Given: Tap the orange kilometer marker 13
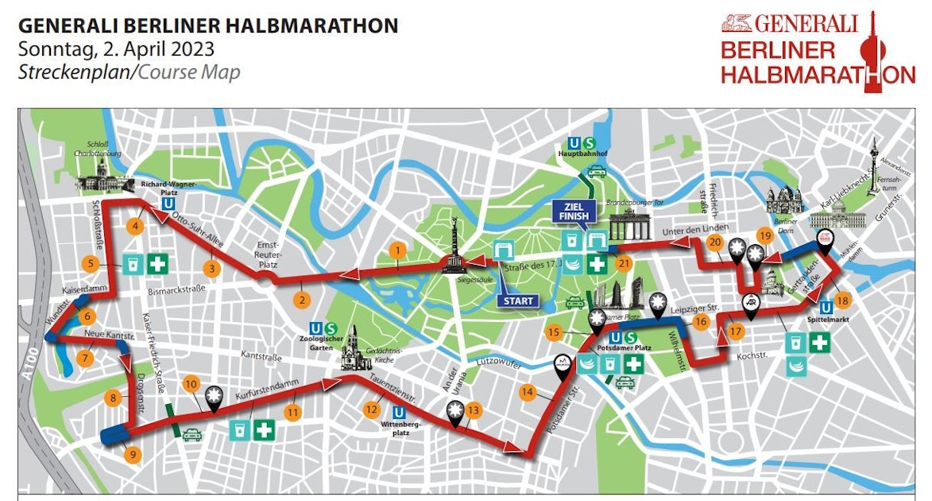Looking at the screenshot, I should coord(474,410).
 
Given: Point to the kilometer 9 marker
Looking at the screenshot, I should coord(133,455).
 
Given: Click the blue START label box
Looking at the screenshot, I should coord(518,301).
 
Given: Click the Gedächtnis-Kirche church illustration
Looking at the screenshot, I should coord(351,350).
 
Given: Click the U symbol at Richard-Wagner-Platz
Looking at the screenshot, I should coord(168,203).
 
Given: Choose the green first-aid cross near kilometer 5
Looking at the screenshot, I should coord(157,264).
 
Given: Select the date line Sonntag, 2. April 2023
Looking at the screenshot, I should coord(116,49).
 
